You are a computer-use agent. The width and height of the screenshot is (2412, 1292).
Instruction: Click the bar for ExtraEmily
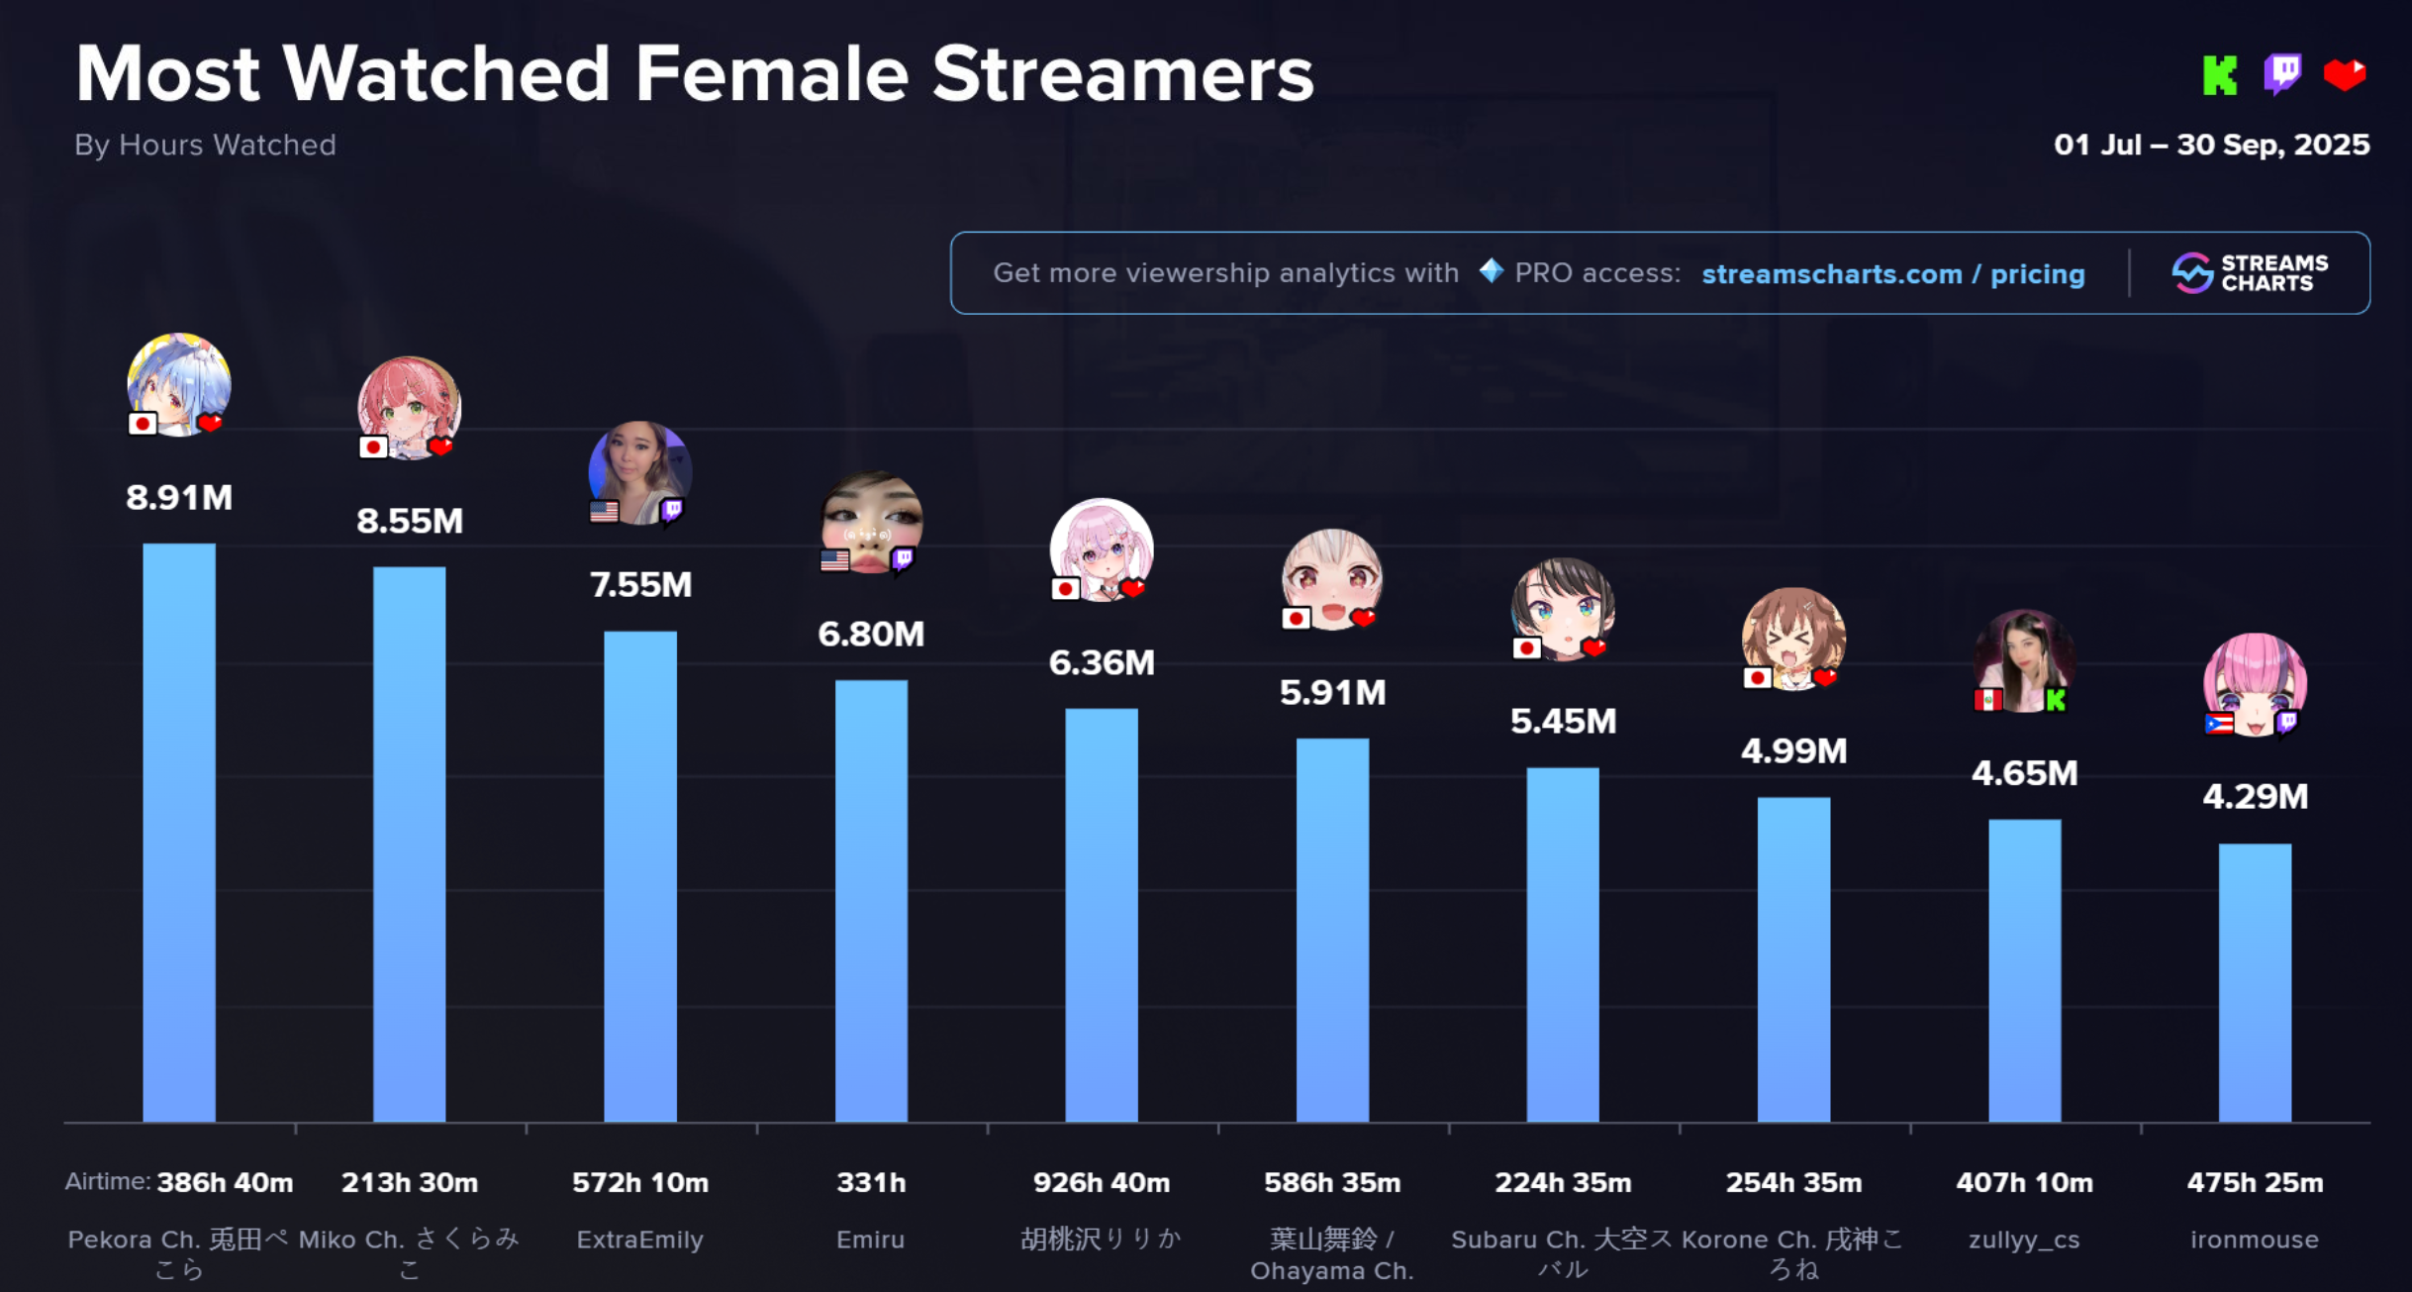pos(640,876)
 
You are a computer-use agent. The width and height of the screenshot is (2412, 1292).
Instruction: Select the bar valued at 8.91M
pos(179,832)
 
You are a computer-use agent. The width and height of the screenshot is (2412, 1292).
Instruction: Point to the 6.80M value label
pos(871,634)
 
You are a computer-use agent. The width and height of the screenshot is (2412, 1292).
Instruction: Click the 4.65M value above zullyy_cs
pos(2024,773)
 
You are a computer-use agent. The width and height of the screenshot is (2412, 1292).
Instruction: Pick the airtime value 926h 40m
pos(1102,1182)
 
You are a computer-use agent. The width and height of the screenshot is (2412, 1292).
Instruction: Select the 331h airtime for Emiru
pos(871,1182)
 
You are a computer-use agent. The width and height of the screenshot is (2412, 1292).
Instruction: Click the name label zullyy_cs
pos(2024,1240)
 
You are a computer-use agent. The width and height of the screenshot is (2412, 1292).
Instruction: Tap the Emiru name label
pos(871,1240)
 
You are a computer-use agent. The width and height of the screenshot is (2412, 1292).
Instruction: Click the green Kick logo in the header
pos(2220,75)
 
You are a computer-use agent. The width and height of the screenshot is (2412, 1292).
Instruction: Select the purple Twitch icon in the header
pos(2282,74)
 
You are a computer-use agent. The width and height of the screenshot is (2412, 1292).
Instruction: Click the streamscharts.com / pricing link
pos(1893,274)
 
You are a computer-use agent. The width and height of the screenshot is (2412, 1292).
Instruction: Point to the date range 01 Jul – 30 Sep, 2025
pos(2211,146)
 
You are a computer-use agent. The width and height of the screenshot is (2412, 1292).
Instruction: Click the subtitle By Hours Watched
pos(205,146)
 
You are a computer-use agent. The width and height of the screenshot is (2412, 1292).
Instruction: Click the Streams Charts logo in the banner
pos(2251,273)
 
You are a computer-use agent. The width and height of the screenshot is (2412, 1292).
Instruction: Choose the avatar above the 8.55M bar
pos(409,407)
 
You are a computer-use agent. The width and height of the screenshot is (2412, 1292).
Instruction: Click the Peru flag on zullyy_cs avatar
pos(1988,700)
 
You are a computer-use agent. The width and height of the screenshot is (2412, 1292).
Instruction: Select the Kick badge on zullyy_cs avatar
pos(2056,700)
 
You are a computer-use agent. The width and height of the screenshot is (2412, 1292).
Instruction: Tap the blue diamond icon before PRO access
pos(1491,270)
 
